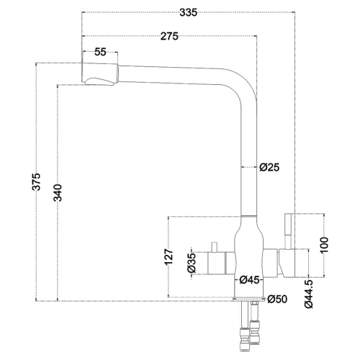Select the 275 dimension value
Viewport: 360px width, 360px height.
[170, 36]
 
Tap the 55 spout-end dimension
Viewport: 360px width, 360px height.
[100, 52]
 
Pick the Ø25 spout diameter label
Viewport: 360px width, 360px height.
[269, 167]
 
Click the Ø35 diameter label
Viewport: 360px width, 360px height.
[192, 264]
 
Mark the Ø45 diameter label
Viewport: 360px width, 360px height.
[249, 279]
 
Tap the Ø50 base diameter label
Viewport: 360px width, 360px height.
[277, 299]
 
